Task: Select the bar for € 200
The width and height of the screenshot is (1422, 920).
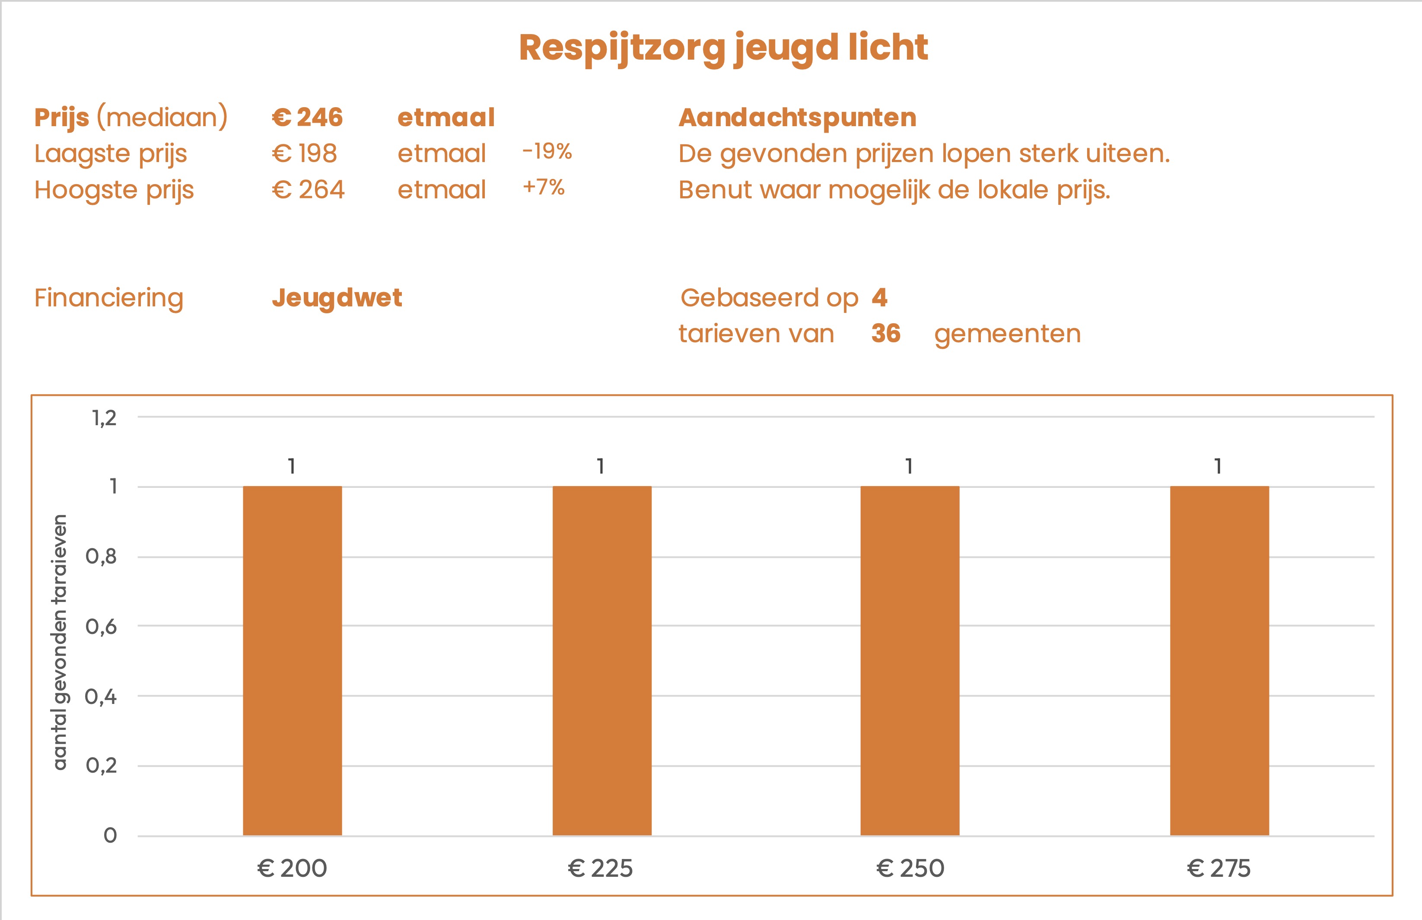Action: [292, 660]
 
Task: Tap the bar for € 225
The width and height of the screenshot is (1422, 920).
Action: [601, 660]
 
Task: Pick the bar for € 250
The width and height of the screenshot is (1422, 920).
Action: [910, 660]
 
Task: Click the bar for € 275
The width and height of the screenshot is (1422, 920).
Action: [1219, 660]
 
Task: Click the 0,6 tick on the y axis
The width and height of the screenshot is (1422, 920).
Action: [101, 627]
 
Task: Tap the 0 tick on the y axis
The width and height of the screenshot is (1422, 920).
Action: [110, 835]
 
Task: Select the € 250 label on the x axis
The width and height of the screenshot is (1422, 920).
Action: [910, 869]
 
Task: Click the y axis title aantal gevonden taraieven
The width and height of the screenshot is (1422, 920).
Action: [60, 642]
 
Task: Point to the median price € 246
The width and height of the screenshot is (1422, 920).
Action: [307, 117]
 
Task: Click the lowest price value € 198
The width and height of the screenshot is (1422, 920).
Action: [304, 153]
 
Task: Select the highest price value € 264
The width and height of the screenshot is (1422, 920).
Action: [308, 190]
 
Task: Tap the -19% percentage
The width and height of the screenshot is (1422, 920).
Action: [547, 151]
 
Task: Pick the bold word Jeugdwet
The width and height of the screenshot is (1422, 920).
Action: [337, 297]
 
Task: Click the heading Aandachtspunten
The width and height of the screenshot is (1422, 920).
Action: [797, 117]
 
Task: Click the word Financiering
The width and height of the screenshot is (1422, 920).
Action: [109, 297]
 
